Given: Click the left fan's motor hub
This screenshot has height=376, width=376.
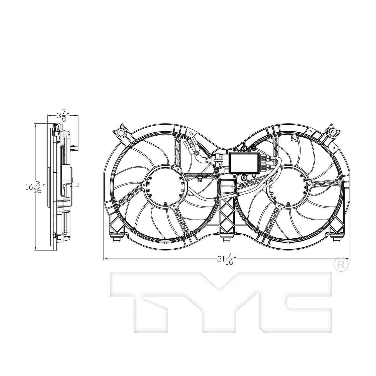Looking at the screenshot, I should click(165, 186).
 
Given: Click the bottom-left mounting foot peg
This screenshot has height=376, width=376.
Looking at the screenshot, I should click(117, 239).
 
